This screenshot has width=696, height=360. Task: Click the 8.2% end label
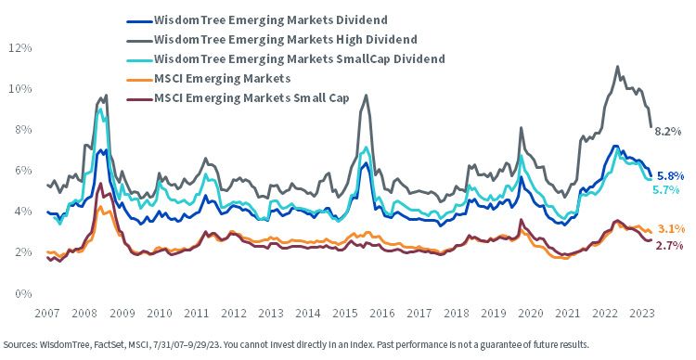pos(667,131)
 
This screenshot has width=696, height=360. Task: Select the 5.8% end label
pos(671,174)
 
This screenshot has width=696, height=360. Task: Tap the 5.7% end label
pos(665,190)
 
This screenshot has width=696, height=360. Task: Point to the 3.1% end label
pos(669,229)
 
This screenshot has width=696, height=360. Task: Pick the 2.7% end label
pos(669,245)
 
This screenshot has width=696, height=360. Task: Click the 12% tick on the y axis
pos(20,48)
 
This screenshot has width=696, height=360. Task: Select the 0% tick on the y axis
pos(23,293)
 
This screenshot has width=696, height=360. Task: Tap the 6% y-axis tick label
pos(23,171)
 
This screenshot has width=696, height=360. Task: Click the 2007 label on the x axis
pos(47,313)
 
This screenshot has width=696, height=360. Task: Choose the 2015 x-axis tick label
pos(345,313)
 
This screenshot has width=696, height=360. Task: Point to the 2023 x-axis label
pos(643,313)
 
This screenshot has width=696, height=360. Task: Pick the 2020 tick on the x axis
pos(532,313)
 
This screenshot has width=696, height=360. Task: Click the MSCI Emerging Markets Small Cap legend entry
pos(238,98)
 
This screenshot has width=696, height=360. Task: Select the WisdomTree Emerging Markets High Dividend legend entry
pos(272,40)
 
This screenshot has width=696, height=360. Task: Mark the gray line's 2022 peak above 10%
pos(617,67)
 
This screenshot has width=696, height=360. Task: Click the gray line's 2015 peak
pos(366,95)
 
